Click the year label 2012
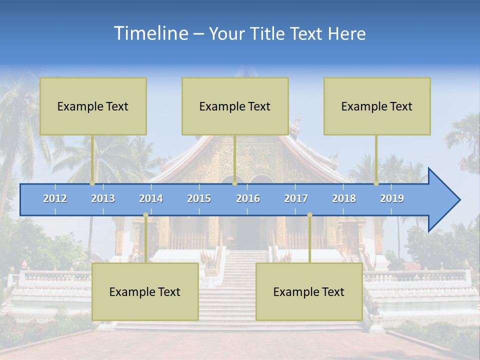55,198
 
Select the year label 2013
103,198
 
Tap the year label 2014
151,198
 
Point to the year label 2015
199,198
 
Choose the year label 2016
248,198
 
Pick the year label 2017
296,198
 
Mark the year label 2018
344,198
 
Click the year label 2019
392,198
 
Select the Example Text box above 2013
93,106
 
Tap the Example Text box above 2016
235,106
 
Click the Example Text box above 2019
377,106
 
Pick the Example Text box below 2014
145,291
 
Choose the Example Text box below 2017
309,291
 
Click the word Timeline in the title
150,33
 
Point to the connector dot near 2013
92,183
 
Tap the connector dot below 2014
145,215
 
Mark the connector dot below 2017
309,215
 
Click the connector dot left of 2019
376,183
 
